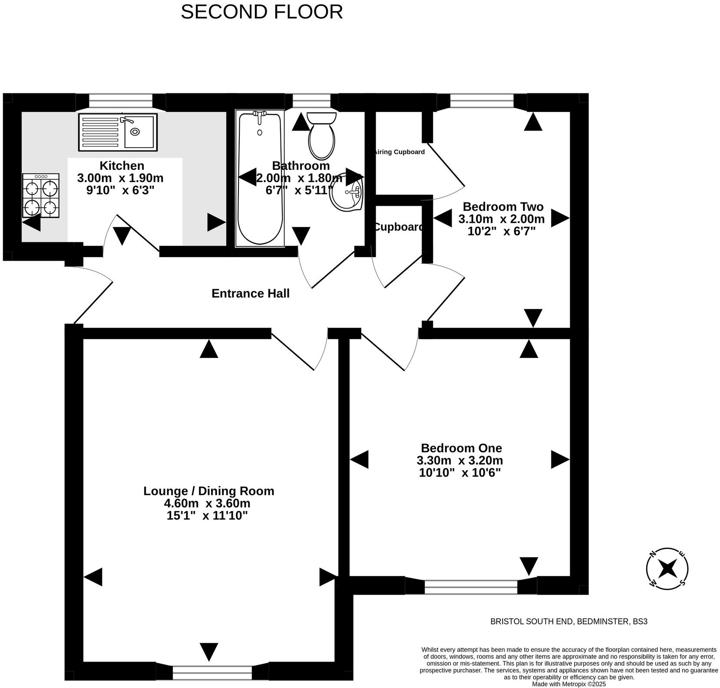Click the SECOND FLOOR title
point(261,12)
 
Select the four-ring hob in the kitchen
point(41,195)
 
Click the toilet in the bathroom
point(321,136)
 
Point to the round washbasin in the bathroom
point(347,192)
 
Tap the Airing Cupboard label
point(400,152)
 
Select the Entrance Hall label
point(250,294)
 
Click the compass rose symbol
point(667,569)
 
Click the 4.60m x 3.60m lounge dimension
point(207,503)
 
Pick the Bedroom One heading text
point(461,448)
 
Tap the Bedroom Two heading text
point(503,206)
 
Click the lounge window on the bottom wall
point(212,672)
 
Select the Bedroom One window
point(471,587)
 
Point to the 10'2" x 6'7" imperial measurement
point(501,231)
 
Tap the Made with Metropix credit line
point(569,684)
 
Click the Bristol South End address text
point(568,622)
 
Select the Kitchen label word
point(122,165)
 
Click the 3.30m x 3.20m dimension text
point(459,460)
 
